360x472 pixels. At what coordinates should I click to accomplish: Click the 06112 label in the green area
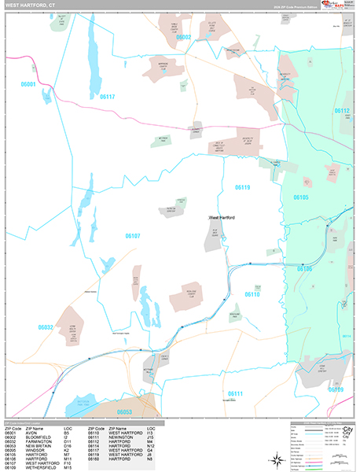pyautogui.click(x=341, y=112)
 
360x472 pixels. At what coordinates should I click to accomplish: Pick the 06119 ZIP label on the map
pyautogui.click(x=242, y=187)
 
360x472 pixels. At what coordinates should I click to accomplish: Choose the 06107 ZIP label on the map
pyautogui.click(x=132, y=235)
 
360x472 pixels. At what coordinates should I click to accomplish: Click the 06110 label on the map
pyautogui.click(x=252, y=294)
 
